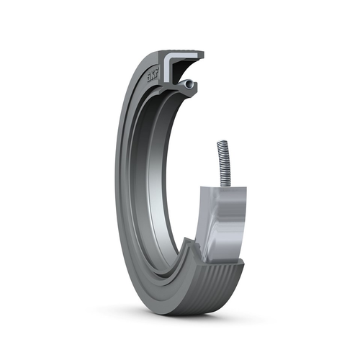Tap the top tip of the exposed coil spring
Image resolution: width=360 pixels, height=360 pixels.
[x=220, y=143]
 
